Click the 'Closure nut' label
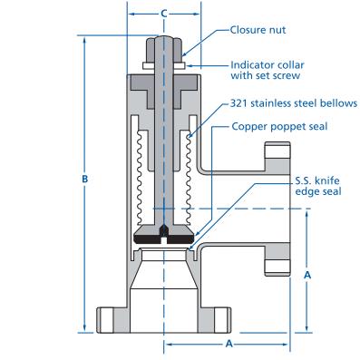pos(258,30)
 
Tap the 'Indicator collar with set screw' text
pos(268,70)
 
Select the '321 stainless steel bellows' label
pos(294,103)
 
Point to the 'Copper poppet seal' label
pos(279,126)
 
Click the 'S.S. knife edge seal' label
pos(318,186)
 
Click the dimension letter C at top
pos(163,14)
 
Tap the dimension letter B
pos(85,179)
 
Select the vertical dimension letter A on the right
pos(307,275)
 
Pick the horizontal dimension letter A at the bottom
pos(229,344)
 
